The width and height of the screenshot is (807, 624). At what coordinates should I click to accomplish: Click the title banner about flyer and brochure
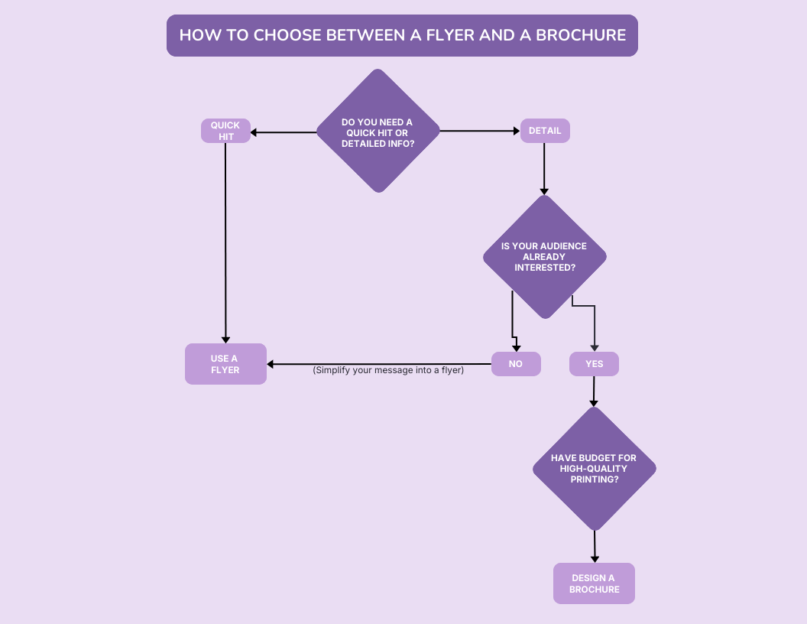(402, 35)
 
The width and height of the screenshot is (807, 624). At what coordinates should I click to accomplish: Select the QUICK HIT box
(225, 131)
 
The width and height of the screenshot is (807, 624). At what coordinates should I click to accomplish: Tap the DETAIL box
(545, 131)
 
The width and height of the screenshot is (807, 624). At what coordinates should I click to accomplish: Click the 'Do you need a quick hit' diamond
(378, 131)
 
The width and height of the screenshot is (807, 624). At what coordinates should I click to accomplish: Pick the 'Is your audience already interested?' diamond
(544, 256)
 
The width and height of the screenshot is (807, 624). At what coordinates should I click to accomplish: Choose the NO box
(516, 364)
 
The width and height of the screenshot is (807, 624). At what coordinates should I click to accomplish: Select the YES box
(594, 364)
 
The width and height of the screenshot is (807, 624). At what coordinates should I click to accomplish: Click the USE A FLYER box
(225, 364)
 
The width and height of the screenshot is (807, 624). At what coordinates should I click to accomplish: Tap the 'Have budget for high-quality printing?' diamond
(594, 468)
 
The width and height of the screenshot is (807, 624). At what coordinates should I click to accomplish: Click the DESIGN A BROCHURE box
(594, 583)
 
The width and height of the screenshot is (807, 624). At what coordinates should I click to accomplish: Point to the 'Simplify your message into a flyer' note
(388, 370)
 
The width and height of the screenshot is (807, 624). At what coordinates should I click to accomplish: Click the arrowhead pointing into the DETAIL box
(516, 131)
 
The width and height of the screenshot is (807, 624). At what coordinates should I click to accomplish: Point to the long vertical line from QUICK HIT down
(225, 237)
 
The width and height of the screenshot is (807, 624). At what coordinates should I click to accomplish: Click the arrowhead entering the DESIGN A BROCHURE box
(595, 558)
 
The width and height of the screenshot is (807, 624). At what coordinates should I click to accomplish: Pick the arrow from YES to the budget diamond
(594, 390)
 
